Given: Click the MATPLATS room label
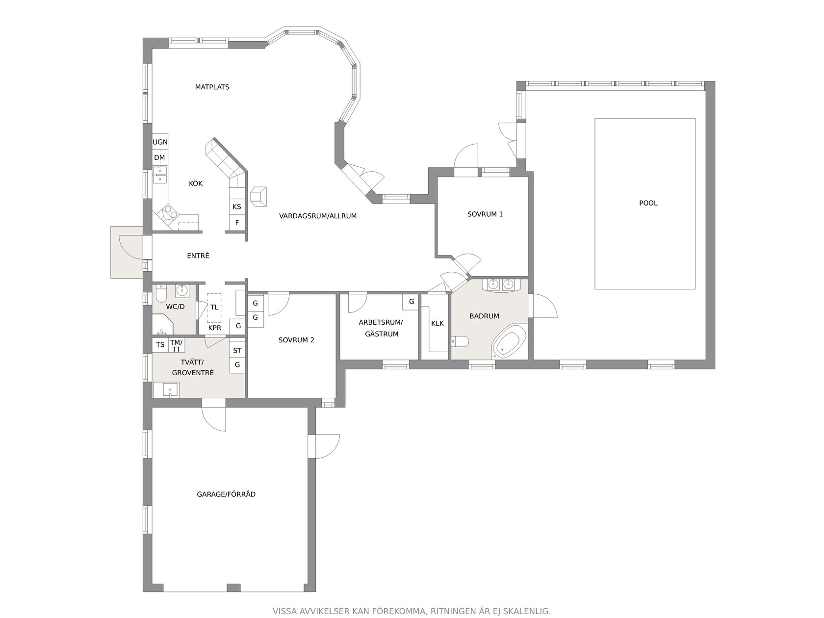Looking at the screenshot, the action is (x=212, y=87).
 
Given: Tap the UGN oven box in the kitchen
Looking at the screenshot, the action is (x=160, y=142).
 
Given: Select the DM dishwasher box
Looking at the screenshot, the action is (x=159, y=157).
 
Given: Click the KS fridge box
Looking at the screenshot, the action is (x=236, y=207).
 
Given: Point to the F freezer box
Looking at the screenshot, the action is (x=237, y=223).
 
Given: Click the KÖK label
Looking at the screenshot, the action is (x=196, y=183).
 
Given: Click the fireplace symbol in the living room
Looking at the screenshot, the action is (x=258, y=196).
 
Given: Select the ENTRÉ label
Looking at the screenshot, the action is (x=198, y=256).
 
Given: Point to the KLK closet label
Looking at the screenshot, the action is (x=438, y=323).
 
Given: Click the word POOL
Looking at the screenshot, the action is (x=648, y=203).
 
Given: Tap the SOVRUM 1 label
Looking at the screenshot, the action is (x=485, y=214).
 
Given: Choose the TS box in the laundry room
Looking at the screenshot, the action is (x=160, y=344).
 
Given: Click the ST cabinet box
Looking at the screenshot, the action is (x=237, y=351).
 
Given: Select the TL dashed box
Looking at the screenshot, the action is (x=214, y=308).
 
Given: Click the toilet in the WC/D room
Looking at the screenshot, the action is (x=161, y=293).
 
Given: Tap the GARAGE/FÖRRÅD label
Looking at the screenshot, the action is (x=226, y=494).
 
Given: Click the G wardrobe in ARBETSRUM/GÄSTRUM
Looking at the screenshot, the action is (x=411, y=302).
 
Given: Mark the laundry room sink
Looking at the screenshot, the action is (x=166, y=389).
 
